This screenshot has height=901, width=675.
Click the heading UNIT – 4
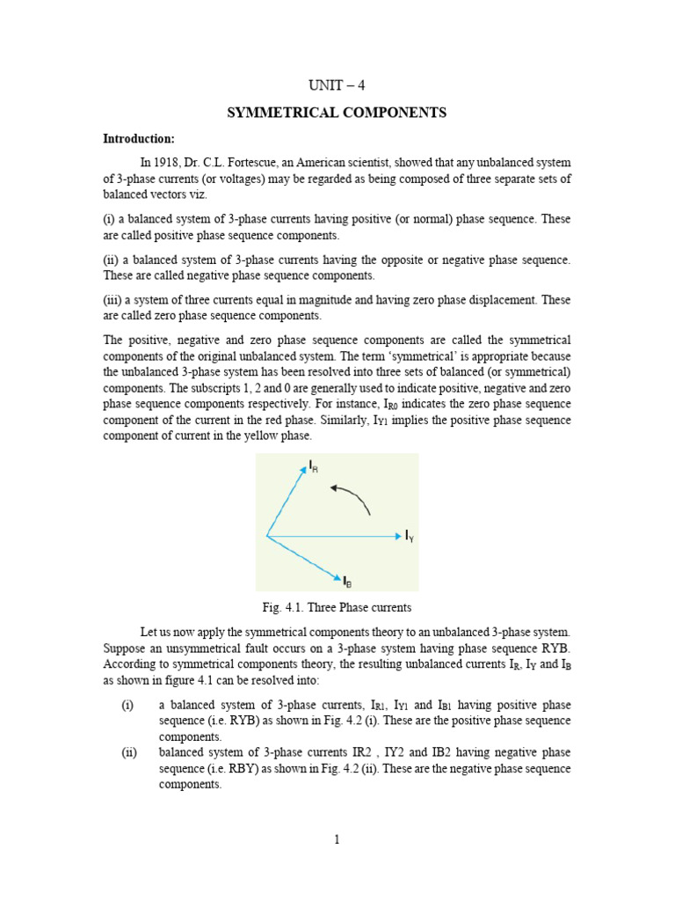click(337, 85)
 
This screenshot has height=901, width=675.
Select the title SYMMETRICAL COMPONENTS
click(337, 113)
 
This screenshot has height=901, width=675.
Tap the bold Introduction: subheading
click(139, 139)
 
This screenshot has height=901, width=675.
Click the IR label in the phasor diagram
click(313, 466)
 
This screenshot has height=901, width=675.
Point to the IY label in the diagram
click(410, 536)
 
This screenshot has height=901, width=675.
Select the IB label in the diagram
click(347, 582)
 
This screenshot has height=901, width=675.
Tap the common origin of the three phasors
click(267, 535)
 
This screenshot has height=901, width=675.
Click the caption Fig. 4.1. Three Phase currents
click(337, 608)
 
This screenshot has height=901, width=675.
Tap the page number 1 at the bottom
click(337, 839)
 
